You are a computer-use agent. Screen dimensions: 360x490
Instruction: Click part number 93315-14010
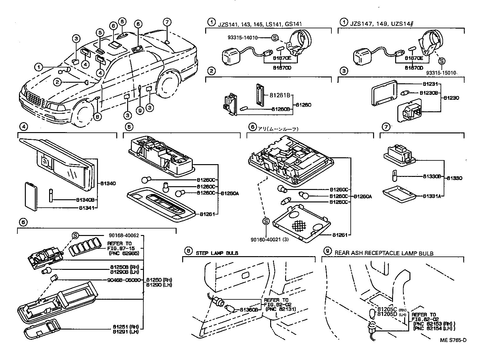coord(243,38)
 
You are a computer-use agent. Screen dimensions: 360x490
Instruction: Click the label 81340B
coord(85,200)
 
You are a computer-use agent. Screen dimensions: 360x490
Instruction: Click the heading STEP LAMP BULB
coord(217,253)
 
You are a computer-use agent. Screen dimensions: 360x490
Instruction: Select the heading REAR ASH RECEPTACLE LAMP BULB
coord(384,253)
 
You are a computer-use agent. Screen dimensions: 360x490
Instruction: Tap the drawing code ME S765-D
coord(453,340)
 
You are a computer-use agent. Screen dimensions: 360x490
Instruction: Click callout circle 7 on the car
coord(167,22)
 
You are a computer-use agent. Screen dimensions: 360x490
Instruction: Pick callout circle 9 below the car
coord(140,110)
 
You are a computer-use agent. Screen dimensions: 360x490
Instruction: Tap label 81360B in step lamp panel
coord(249,310)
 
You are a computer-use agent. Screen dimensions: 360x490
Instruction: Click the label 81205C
coord(387,309)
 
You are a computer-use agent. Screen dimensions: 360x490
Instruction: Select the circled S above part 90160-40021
coord(266,221)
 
